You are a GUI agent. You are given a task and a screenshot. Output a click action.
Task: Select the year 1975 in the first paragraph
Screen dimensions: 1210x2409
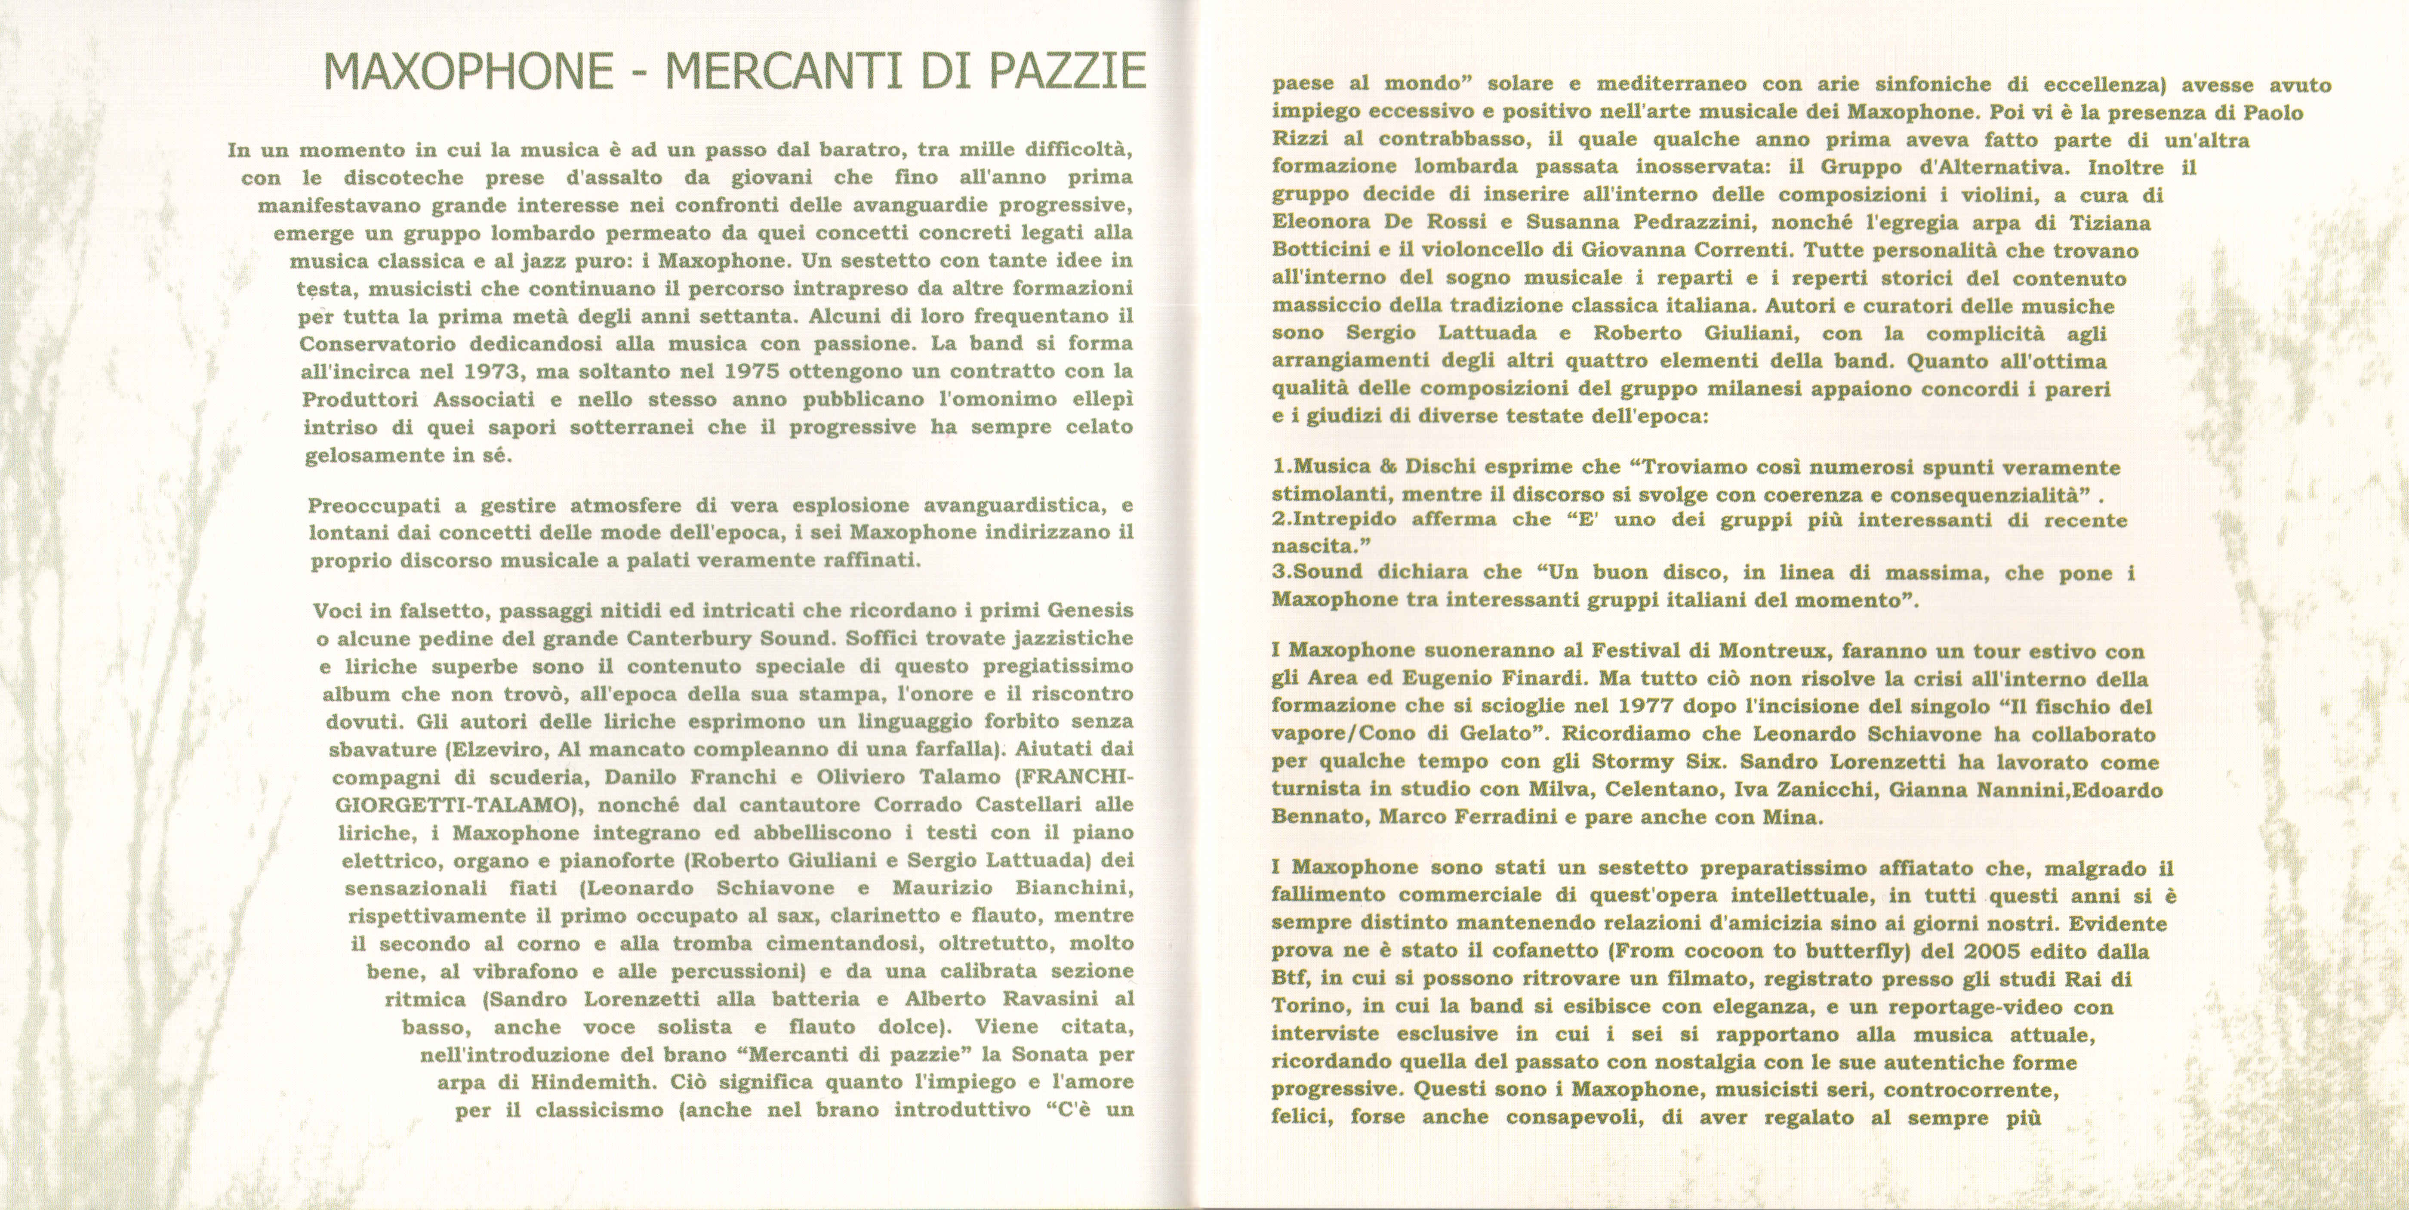click(757, 371)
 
